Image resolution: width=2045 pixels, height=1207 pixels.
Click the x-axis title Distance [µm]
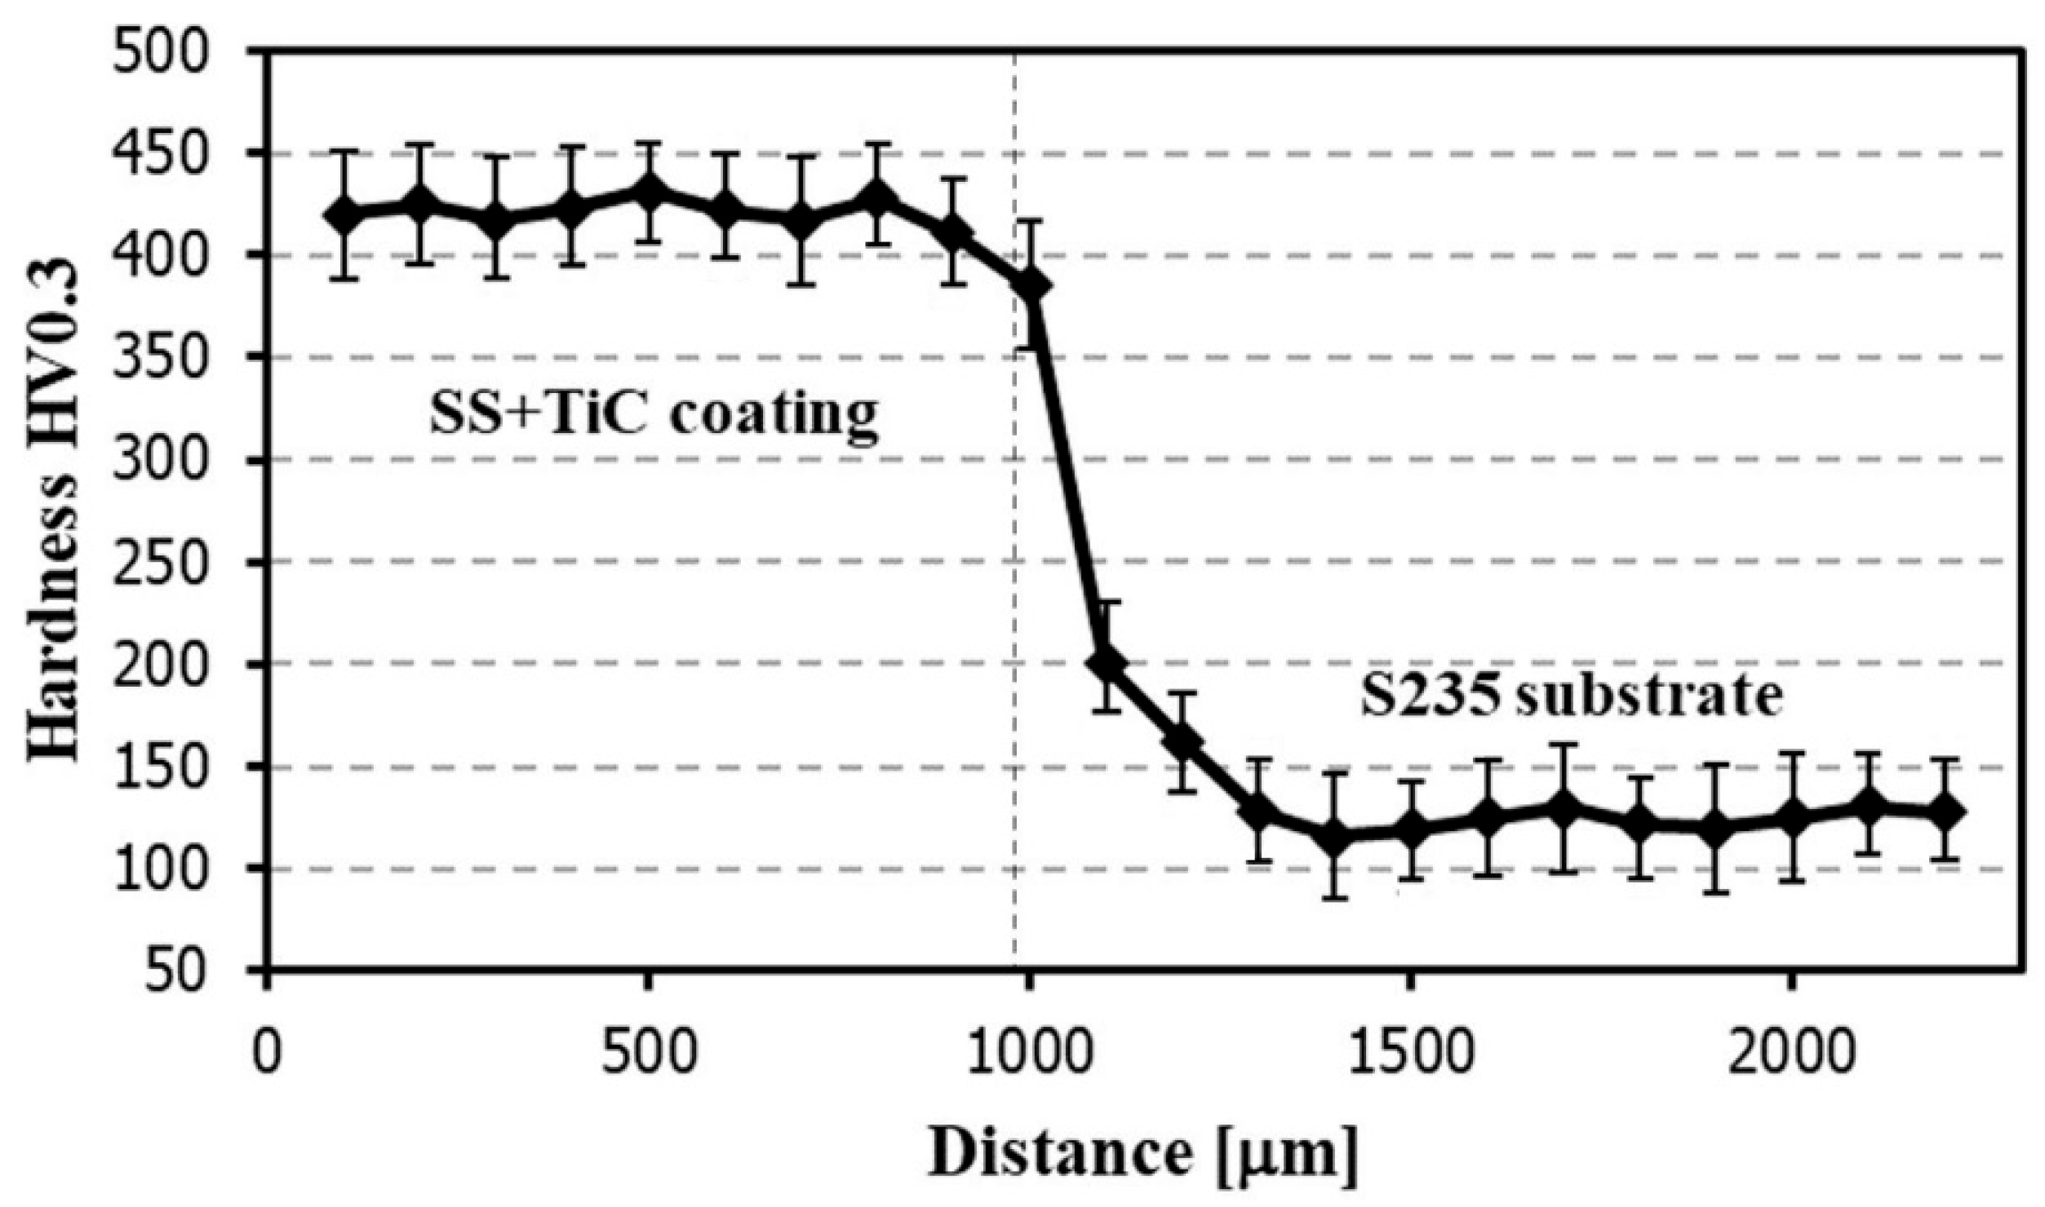tap(1142, 1152)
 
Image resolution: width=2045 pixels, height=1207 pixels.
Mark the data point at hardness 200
tap(1107, 663)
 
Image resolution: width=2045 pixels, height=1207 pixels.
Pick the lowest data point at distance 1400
tap(1334, 838)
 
